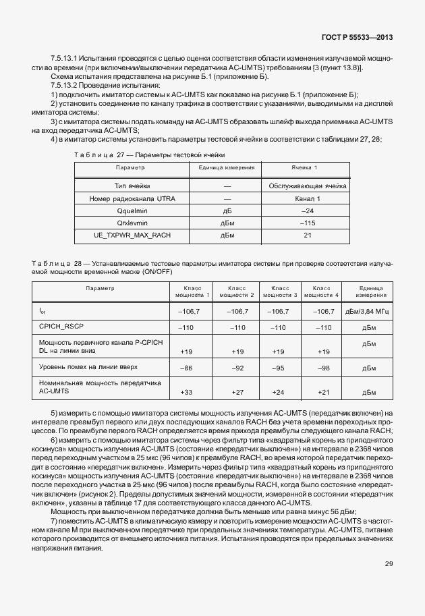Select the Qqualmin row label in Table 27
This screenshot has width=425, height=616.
coord(132,211)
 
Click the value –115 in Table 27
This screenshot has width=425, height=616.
coord(308,223)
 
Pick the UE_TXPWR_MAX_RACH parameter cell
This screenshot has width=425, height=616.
coord(132,235)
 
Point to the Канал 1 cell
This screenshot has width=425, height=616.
coord(308,198)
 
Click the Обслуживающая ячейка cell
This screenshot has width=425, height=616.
coord(308,186)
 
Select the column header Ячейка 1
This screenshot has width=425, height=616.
coord(308,167)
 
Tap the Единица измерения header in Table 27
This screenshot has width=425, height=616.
coord(227,167)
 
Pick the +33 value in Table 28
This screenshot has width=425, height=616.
coord(187,391)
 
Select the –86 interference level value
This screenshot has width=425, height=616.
coord(187,368)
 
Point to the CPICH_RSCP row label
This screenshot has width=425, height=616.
coord(61,327)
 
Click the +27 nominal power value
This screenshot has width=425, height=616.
coord(237,391)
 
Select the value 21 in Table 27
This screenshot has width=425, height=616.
coord(308,235)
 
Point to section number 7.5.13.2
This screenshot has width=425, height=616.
coord(67,86)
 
